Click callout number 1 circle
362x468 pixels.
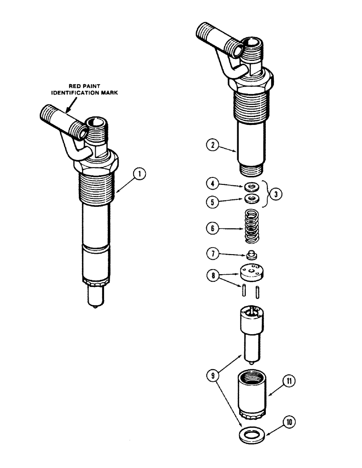click(139, 175)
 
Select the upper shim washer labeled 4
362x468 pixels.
click(252, 187)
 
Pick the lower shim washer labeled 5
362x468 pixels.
click(252, 199)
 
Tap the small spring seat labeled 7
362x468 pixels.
click(252, 256)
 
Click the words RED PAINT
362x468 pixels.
click(82, 86)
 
